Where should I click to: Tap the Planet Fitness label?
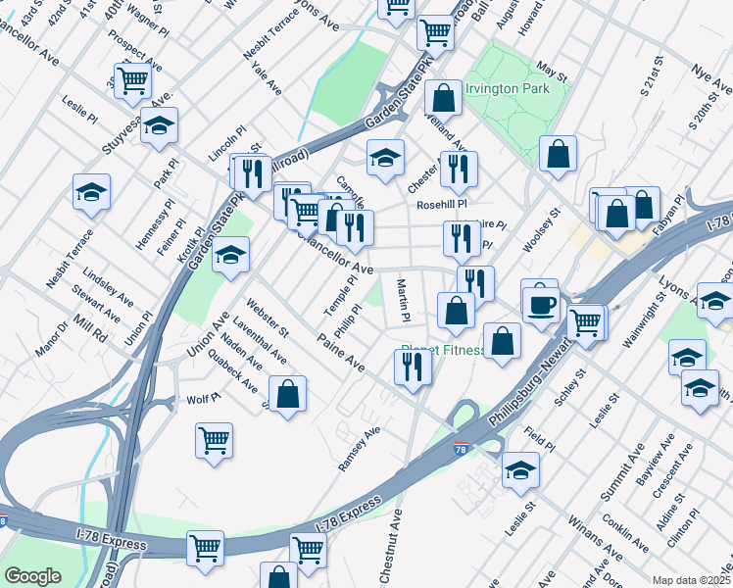[443, 351]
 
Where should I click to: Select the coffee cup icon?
[539, 304]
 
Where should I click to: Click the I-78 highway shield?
[461, 449]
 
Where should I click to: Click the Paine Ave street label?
[341, 353]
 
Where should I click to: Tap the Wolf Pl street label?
[200, 400]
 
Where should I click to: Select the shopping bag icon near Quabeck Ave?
[288, 394]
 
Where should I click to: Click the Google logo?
[32, 575]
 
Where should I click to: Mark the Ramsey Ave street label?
[359, 447]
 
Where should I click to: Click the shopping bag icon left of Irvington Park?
[444, 98]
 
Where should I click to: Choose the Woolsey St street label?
[540, 229]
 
